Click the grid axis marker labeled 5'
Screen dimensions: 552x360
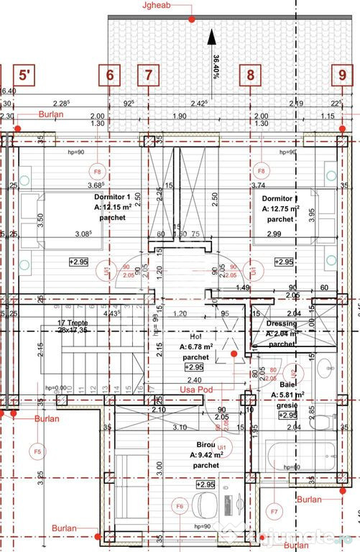25,75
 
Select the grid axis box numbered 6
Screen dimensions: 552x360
109,75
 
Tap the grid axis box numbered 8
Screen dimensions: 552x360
250,75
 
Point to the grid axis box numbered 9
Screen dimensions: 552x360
342,75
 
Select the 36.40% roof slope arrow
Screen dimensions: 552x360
211,51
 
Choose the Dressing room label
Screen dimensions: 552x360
281,323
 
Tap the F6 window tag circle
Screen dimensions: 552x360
180,507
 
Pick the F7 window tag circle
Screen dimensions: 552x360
274,512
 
